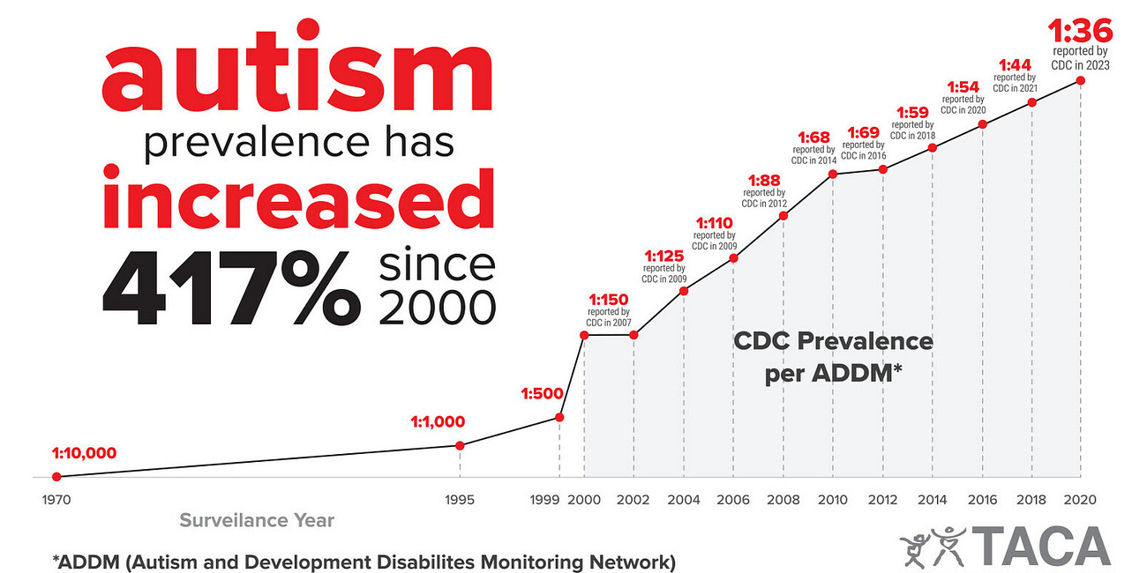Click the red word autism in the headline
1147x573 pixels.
coord(297,77)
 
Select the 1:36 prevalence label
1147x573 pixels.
coord(1079,33)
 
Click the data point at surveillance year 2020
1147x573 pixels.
coord(1081,80)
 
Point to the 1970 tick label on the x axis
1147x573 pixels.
coord(56,500)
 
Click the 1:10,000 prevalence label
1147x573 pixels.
coord(78,454)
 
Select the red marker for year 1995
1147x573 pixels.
coord(459,445)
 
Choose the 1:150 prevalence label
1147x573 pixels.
coord(608,300)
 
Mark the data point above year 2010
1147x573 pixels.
coord(832,174)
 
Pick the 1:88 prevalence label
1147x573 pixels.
coord(763,180)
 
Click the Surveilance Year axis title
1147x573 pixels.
coord(257,521)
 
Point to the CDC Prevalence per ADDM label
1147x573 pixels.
coord(833,355)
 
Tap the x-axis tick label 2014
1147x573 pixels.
coord(932,500)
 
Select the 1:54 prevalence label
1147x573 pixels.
coord(963,87)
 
